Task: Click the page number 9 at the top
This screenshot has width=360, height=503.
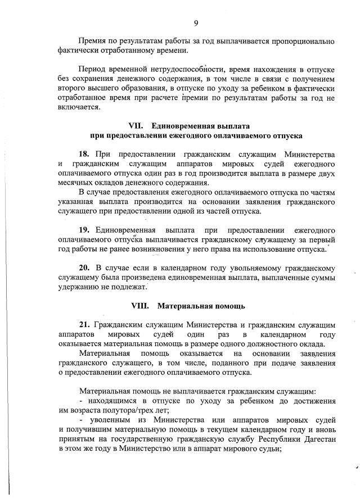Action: [196, 22]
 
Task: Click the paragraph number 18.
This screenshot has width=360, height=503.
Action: [85, 154]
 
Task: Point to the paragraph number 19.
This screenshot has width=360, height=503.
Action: [85, 230]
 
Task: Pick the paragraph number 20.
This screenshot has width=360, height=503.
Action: [85, 268]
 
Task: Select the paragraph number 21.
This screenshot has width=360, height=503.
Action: [85, 325]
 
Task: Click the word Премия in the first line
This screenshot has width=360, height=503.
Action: [92, 42]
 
